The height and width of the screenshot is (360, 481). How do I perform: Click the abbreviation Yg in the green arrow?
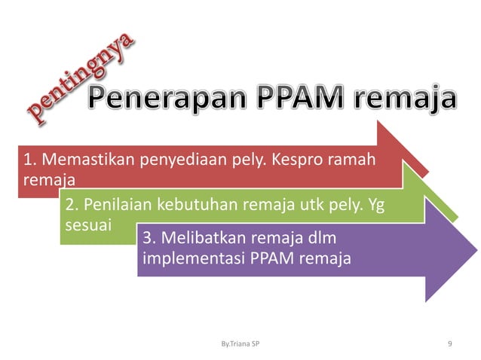click(375, 204)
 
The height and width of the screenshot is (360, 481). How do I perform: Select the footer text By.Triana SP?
click(241, 344)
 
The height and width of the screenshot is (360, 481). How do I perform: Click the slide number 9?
click(450, 344)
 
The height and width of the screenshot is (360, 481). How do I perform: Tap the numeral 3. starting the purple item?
click(148, 239)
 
